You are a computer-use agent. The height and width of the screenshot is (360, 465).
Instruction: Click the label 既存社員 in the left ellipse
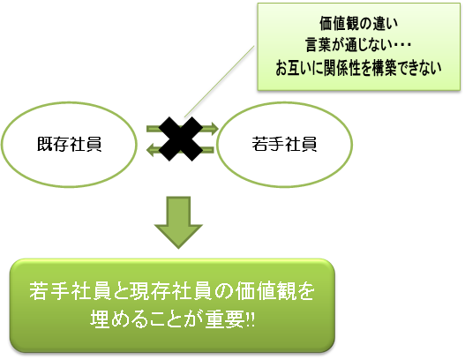click(69, 144)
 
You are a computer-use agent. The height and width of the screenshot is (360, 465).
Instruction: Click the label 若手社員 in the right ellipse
click(284, 144)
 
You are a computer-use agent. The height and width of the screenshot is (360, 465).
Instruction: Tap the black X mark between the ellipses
click(181, 139)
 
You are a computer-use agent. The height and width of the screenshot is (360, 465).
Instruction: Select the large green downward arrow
click(178, 222)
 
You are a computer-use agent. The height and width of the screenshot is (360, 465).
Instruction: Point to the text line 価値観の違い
click(358, 24)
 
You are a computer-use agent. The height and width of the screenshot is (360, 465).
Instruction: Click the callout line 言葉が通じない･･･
click(358, 45)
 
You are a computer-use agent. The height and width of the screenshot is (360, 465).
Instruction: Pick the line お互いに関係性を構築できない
click(358, 68)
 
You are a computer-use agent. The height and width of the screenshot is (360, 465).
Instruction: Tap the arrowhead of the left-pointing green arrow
click(151, 149)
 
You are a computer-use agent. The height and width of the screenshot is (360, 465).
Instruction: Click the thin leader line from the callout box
click(219, 81)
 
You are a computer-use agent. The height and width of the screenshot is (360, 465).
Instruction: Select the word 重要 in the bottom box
click(225, 319)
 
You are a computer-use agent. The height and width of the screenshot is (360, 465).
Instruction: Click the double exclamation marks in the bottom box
click(251, 320)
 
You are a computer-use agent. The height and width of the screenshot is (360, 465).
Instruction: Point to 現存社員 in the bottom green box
click(171, 291)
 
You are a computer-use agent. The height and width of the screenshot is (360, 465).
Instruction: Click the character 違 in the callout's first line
click(379, 24)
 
